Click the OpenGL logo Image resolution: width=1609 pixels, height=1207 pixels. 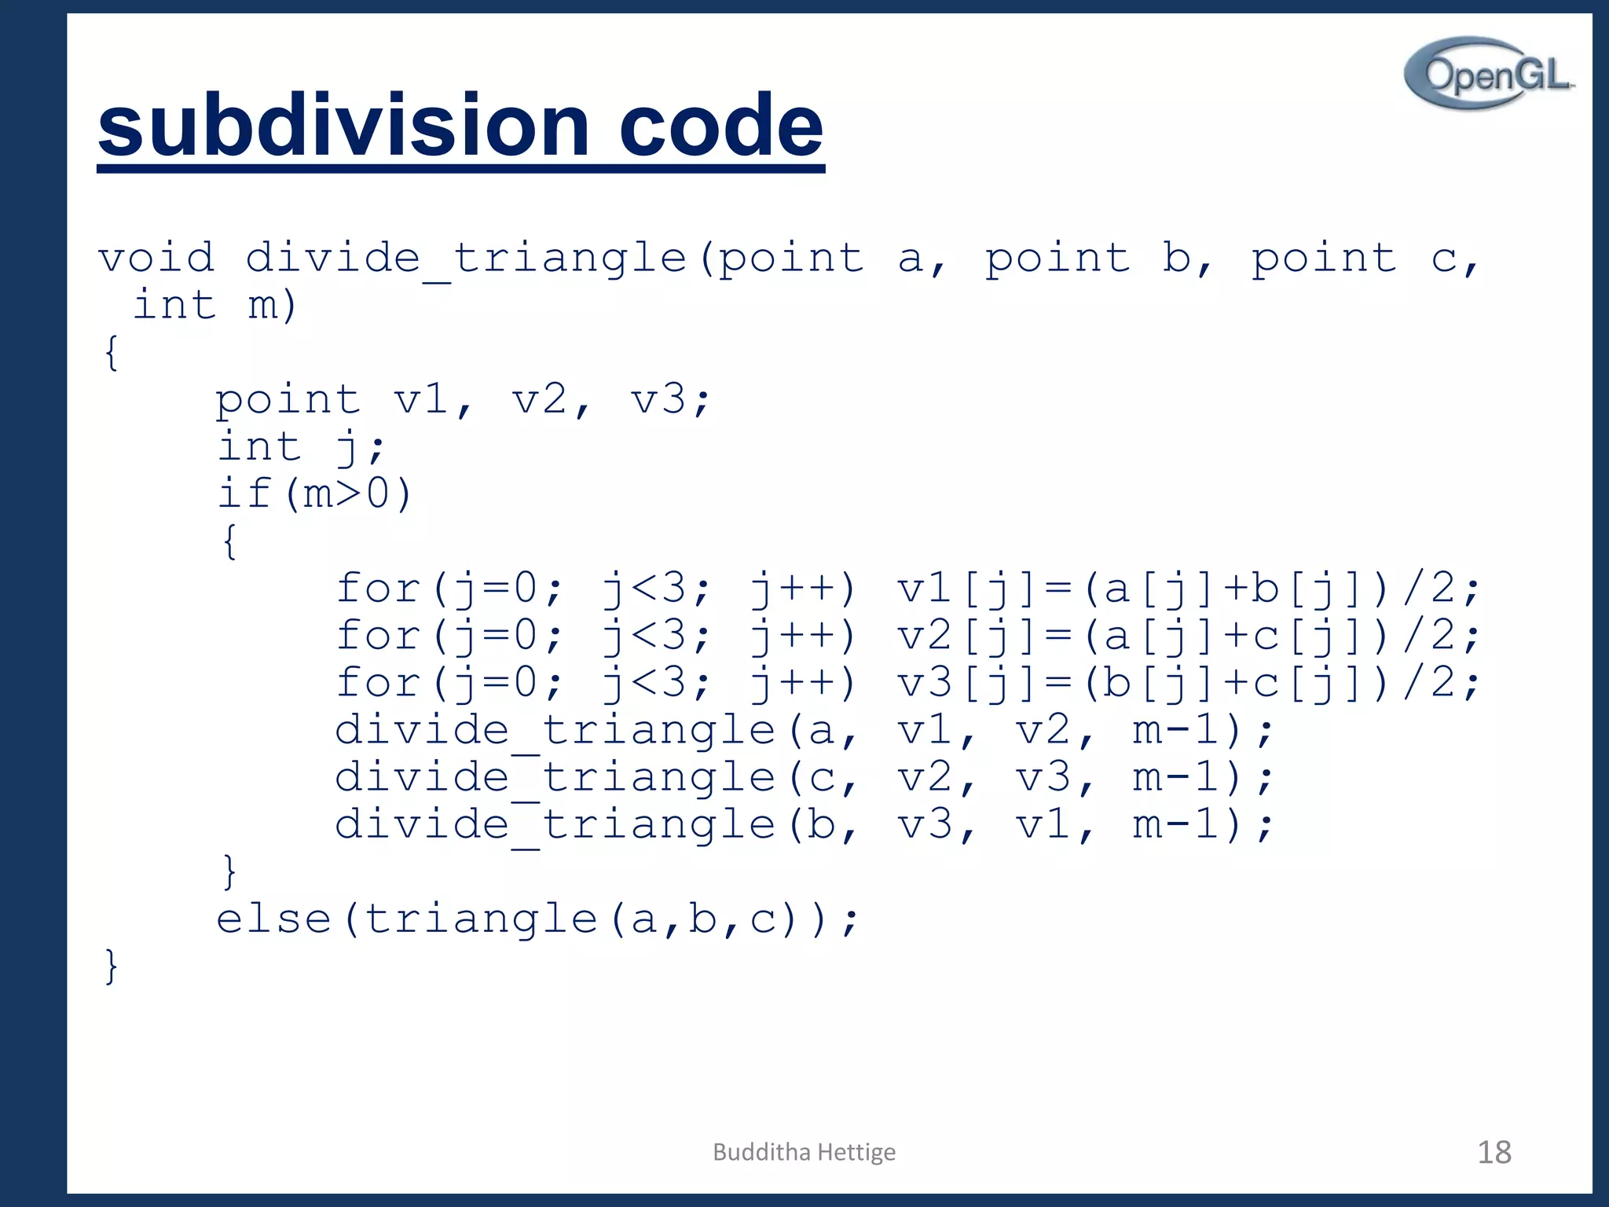pos(1488,74)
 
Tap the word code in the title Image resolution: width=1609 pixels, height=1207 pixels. pos(720,126)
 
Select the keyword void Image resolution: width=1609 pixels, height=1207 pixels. pos(156,258)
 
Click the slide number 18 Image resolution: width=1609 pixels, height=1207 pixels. pos(1494,1152)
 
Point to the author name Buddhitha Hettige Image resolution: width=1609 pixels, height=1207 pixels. pos(804,1152)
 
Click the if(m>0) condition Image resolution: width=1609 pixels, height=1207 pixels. pos(314,494)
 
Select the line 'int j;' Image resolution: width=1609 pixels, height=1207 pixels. pos(300,447)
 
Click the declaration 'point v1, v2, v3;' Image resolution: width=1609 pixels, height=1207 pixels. pos(463,400)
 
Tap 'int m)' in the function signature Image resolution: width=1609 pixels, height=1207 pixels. pos(214,305)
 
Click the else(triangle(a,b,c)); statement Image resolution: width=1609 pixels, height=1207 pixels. pos(537,919)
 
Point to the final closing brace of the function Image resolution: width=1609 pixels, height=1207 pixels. pos(112,966)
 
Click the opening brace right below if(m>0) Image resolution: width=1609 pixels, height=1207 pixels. pos(229,541)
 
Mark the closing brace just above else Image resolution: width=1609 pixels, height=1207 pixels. pos(229,871)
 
